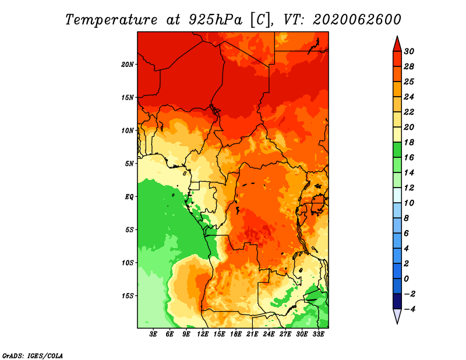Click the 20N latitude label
127,65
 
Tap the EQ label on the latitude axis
129,197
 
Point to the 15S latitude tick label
127,296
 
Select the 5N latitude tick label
129,164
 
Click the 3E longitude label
153,334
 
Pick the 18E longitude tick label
236,334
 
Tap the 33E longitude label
318,334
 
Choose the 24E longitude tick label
269,334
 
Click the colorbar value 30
409,51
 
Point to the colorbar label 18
409,142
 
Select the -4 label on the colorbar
409,309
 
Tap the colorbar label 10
409,203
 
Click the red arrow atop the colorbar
397,44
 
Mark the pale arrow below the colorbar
397,316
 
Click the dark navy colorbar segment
397,301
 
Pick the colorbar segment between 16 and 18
397,150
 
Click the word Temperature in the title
111,20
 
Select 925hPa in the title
216,20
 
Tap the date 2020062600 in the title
357,20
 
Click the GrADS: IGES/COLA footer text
33,356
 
